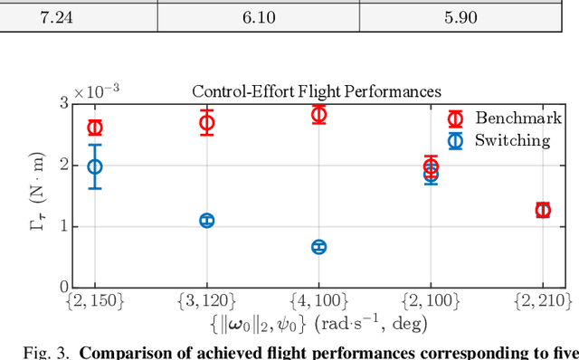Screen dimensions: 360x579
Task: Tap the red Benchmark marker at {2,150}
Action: (x=94, y=128)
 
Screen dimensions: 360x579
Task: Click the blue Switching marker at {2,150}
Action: (x=94, y=166)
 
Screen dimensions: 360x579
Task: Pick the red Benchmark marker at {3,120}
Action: (x=206, y=123)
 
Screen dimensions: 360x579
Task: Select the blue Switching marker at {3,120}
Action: (x=206, y=221)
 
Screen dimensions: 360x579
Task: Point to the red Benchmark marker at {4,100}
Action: (x=318, y=114)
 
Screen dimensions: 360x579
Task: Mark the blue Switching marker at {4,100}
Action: (x=318, y=247)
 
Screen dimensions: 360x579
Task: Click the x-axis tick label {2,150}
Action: (x=94, y=300)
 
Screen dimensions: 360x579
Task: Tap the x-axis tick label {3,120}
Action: (x=206, y=300)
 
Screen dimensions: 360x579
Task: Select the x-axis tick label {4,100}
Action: (x=318, y=300)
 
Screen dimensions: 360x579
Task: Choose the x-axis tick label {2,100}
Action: (x=431, y=300)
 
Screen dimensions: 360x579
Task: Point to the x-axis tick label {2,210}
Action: (x=543, y=300)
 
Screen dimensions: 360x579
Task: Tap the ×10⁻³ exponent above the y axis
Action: (x=95, y=92)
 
